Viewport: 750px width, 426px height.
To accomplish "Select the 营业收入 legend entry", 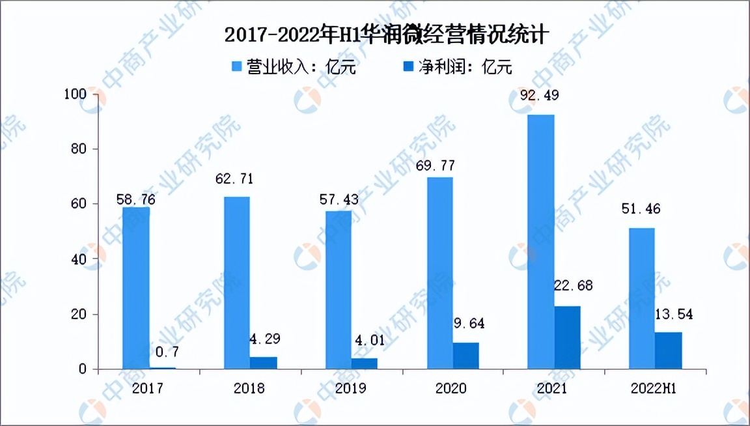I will coord(294,67).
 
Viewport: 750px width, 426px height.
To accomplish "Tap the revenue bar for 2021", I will coord(541,242).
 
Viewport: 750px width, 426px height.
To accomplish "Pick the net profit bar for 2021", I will coord(567,337).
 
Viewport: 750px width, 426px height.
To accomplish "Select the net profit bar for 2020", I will coord(465,356).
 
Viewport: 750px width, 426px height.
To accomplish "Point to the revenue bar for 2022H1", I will coord(642,298).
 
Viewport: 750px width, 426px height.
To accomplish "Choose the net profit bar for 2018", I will coord(263,362).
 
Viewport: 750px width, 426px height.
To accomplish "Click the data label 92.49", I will coord(540,96).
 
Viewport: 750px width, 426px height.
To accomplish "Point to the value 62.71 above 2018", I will coord(236,178).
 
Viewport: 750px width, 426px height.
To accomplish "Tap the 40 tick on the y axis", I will coord(79,259).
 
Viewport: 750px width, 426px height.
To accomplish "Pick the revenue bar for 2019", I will coord(338,290).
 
